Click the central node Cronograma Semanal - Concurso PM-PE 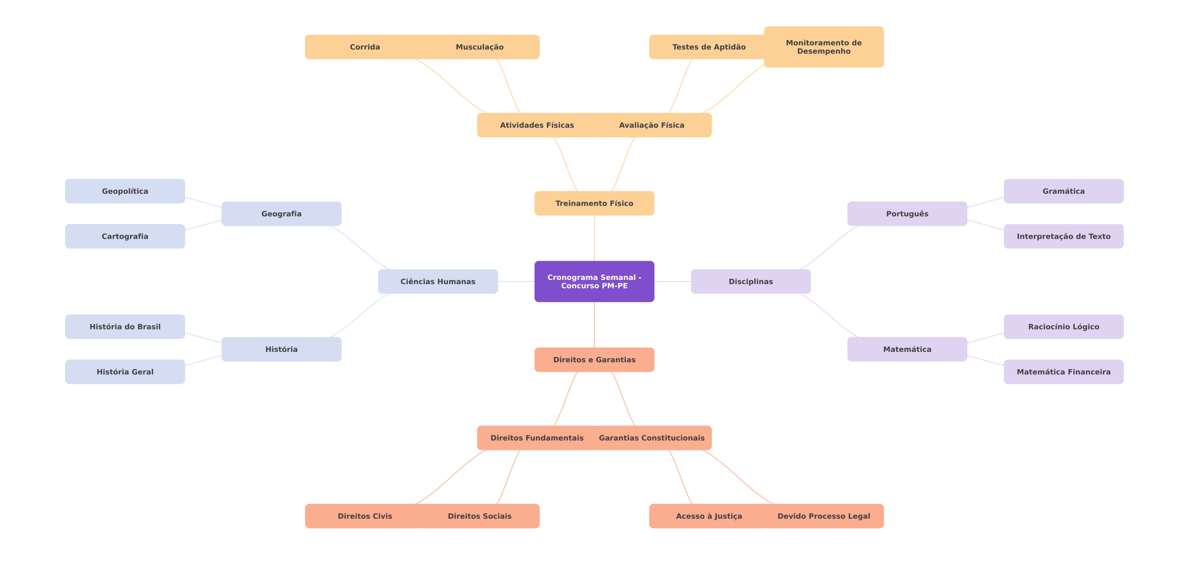click(594, 281)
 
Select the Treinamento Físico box click(594, 203)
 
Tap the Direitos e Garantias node click(594, 360)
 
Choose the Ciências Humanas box click(438, 281)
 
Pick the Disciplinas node click(750, 281)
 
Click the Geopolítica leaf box click(125, 191)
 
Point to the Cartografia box click(125, 236)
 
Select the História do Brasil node click(125, 327)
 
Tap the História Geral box click(125, 372)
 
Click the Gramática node click(1063, 191)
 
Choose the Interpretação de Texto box click(1063, 236)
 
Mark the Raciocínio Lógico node click(1063, 327)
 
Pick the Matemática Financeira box click(1063, 372)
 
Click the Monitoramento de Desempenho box click(823, 47)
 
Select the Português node click(907, 214)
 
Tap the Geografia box click(281, 214)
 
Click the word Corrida click(365, 47)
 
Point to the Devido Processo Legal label click(823, 516)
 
